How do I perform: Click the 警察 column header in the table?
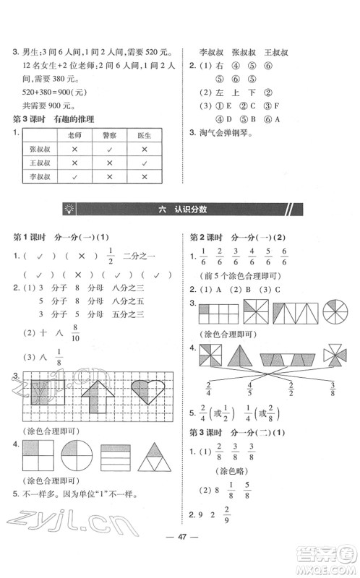click(x=109, y=135)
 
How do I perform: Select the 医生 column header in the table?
click(x=145, y=135)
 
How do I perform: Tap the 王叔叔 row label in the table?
click(x=40, y=163)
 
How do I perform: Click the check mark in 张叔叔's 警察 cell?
click(x=109, y=149)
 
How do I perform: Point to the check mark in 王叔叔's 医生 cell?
click(x=145, y=163)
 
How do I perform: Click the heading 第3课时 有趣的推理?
click(x=55, y=118)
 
